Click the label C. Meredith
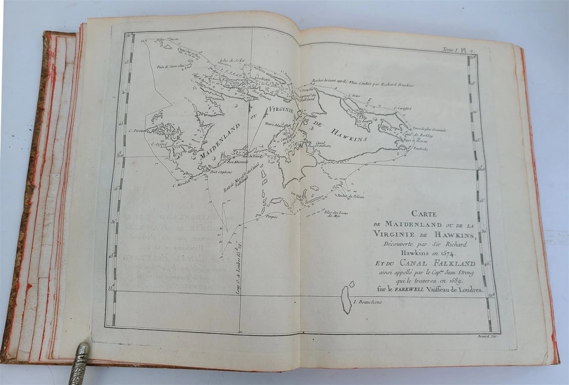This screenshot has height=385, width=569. tap(181, 184)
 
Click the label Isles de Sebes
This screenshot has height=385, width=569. tap(231, 61)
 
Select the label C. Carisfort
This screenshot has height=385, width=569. tap(402, 108)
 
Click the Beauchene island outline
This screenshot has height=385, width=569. tap(347, 300)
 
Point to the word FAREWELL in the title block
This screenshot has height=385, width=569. tap(424, 290)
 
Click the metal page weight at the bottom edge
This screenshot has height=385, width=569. tap(80, 363)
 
